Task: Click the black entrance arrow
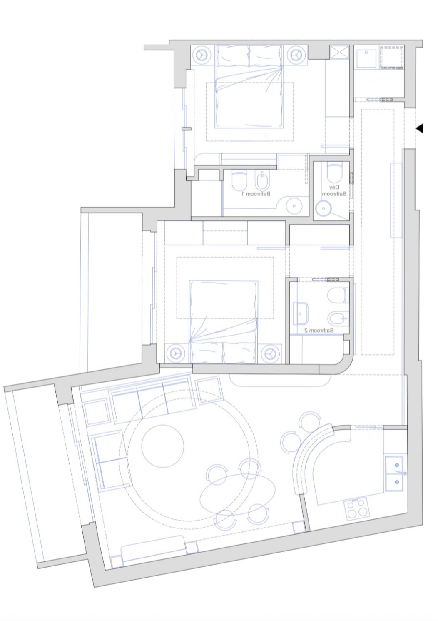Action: click(419, 128)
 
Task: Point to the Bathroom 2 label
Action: click(319, 330)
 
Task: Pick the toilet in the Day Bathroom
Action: click(335, 172)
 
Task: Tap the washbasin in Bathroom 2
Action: click(301, 313)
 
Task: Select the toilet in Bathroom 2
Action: click(337, 295)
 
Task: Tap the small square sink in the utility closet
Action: click(366, 58)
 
